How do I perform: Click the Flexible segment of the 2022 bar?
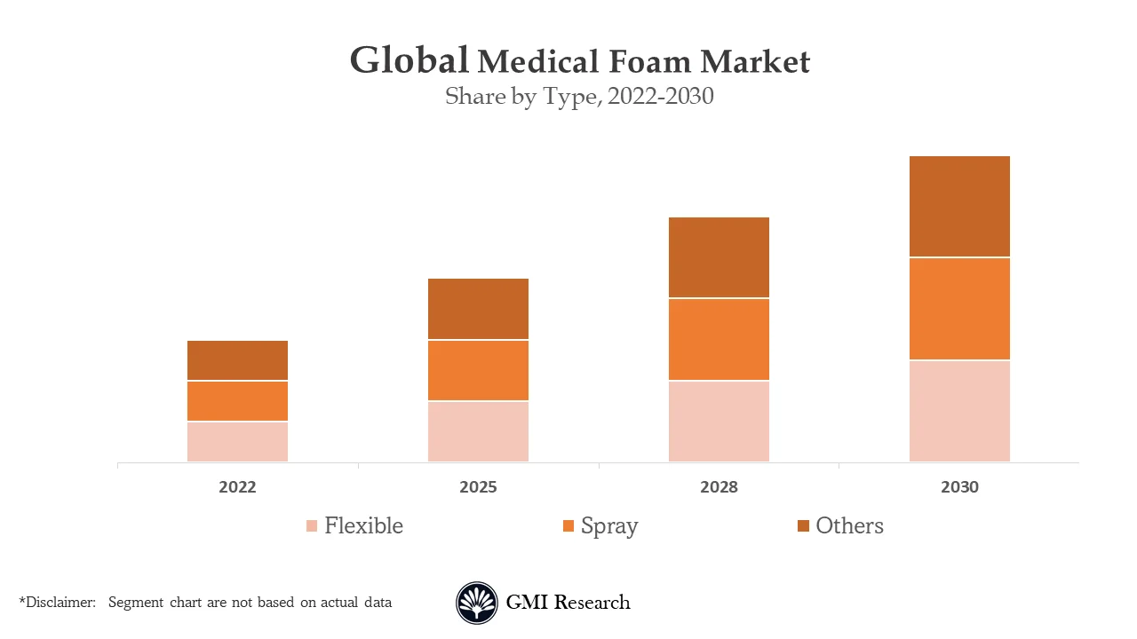tap(237, 441)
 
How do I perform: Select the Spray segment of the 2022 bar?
tap(237, 401)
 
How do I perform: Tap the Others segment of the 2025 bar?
tap(478, 309)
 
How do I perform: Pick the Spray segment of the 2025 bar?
tap(478, 370)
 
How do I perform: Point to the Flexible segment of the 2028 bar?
tap(719, 422)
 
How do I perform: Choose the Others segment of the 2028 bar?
tap(719, 257)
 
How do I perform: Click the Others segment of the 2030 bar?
tap(959, 206)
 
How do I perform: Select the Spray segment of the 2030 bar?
tap(959, 309)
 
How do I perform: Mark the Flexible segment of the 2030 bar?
tap(959, 411)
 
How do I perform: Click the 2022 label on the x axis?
tap(237, 487)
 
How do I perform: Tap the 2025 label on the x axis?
tap(478, 487)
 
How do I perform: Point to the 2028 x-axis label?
tap(719, 487)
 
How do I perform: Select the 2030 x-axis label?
tap(959, 487)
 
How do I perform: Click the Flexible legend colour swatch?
tap(312, 526)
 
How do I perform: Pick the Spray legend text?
tap(609, 526)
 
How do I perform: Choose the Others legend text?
tap(849, 526)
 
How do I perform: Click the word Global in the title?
tap(409, 60)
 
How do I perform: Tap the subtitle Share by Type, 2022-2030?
tap(579, 97)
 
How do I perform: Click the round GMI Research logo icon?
tap(477, 603)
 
